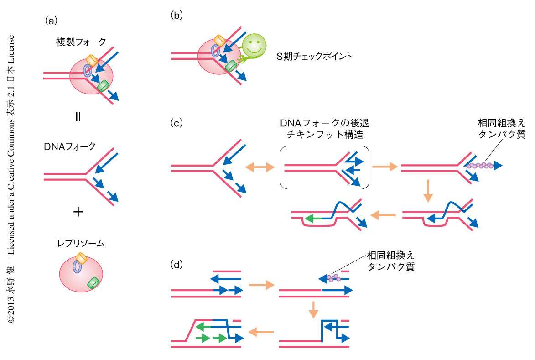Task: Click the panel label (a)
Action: point(50,20)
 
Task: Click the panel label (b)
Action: point(177,16)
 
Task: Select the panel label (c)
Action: point(177,123)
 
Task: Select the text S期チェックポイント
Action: point(315,57)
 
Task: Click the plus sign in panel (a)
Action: point(78,212)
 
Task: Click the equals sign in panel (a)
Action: point(78,116)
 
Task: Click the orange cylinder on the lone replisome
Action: point(82,259)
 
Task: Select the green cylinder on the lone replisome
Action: point(94,283)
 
